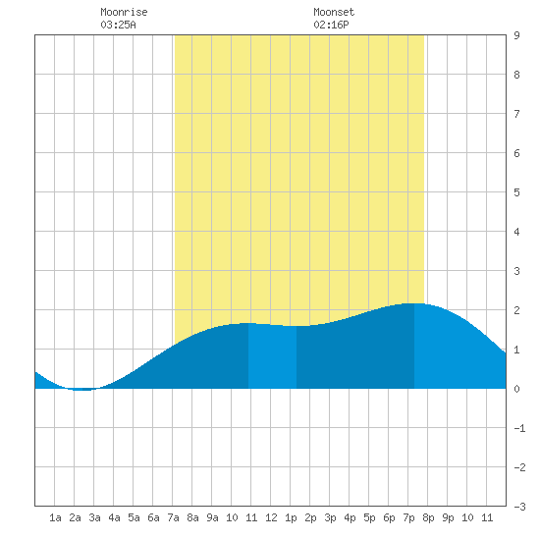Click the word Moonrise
(124, 12)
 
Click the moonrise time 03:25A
(118, 25)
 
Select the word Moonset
(334, 12)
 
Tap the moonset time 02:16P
(331, 25)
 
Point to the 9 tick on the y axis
(516, 35)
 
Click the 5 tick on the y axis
(516, 192)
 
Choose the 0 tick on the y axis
(516, 389)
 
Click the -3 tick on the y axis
(519, 507)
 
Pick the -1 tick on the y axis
(519, 428)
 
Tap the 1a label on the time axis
(55, 517)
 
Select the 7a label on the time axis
(173, 517)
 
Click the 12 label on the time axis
(271, 517)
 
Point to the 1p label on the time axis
(291, 517)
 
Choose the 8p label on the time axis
(428, 517)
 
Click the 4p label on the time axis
(350, 517)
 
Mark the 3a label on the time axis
(94, 517)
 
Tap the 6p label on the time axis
(389, 517)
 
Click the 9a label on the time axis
(212, 517)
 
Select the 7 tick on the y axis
(516, 114)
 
